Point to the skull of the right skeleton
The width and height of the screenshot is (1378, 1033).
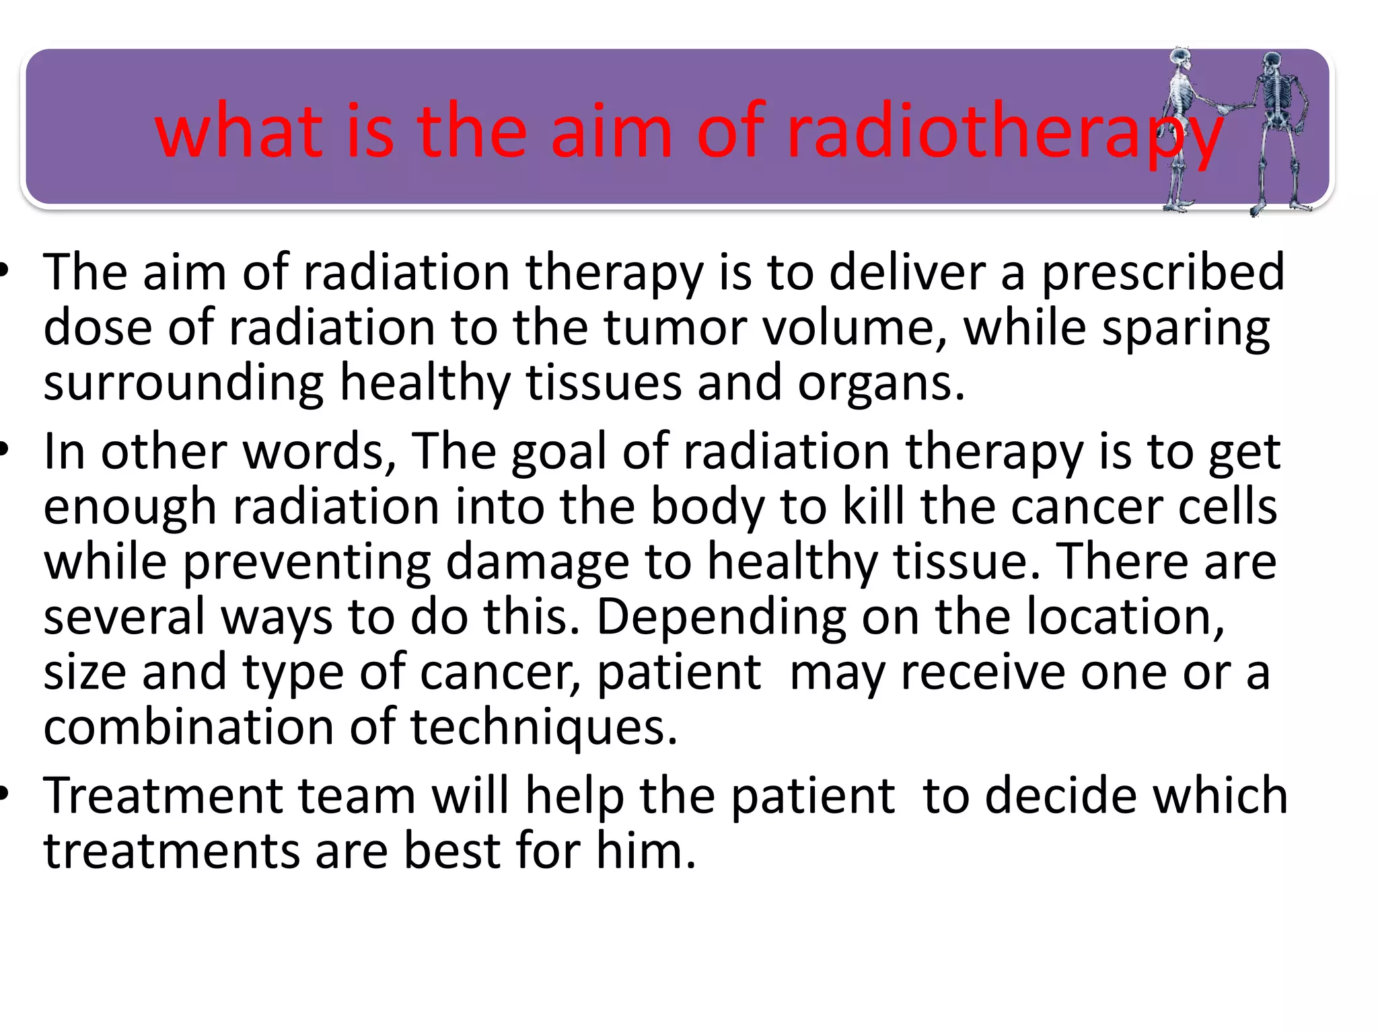[x=1271, y=63]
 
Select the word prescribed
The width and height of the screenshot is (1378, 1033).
[x=1163, y=272]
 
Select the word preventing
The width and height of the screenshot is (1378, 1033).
[x=306, y=562]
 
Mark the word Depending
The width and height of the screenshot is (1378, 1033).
[x=721, y=617]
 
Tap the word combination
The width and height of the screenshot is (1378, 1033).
[x=188, y=727]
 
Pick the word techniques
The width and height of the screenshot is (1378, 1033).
[x=544, y=728]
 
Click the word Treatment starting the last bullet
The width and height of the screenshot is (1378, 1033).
[x=161, y=796]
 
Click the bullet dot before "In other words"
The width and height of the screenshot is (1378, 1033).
[x=5, y=449]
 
